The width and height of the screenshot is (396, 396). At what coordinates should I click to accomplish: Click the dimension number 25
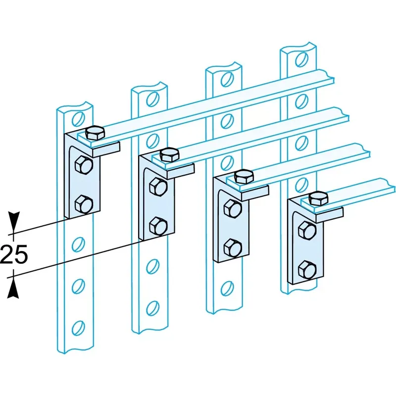(14, 254)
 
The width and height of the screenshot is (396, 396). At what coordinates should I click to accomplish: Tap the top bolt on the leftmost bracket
(95, 133)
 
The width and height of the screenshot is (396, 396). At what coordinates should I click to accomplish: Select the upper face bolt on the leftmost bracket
(84, 165)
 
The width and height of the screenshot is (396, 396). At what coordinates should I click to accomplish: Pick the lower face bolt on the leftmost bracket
(84, 204)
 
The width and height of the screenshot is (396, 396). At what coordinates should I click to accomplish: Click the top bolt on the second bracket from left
(170, 155)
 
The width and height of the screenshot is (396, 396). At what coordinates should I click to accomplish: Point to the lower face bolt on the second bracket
(158, 226)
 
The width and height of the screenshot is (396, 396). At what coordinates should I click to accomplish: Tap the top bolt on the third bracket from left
(244, 177)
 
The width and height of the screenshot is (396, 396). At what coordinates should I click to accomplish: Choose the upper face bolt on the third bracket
(233, 209)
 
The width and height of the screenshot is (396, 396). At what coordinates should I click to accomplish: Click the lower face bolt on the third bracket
(233, 248)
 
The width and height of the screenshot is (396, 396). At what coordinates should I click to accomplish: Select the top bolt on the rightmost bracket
(318, 198)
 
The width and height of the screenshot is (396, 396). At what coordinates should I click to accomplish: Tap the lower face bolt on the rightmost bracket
(307, 270)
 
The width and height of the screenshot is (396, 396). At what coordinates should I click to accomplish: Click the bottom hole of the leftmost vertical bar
(78, 328)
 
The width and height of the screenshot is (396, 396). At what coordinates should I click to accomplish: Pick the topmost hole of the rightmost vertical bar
(302, 59)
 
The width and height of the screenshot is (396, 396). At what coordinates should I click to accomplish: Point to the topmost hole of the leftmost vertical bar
(78, 119)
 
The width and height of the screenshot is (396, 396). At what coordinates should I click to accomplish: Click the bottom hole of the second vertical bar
(152, 307)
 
